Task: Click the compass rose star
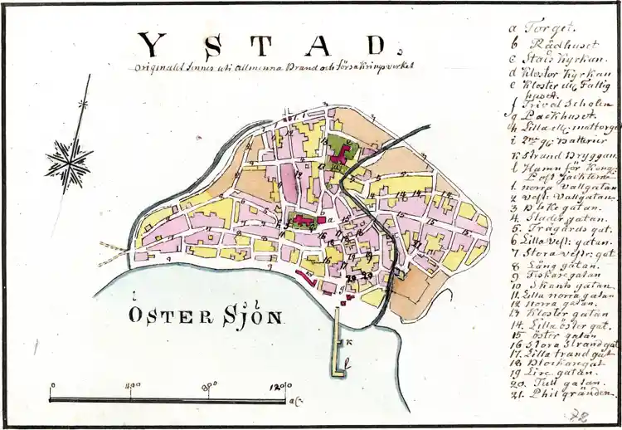68,160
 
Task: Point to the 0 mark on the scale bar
51,386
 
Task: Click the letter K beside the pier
350,342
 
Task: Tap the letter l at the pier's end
349,364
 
